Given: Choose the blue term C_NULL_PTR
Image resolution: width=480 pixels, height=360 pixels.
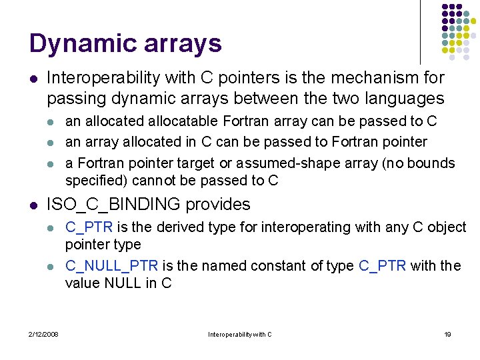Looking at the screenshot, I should (111, 265).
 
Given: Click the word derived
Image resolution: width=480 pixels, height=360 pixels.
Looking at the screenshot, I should (171, 227).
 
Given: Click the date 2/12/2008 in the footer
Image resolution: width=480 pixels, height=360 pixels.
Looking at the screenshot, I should (43, 334).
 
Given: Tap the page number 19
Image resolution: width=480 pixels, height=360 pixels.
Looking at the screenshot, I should (447, 334).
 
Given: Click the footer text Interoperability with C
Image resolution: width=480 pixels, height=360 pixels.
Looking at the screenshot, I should (240, 334).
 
